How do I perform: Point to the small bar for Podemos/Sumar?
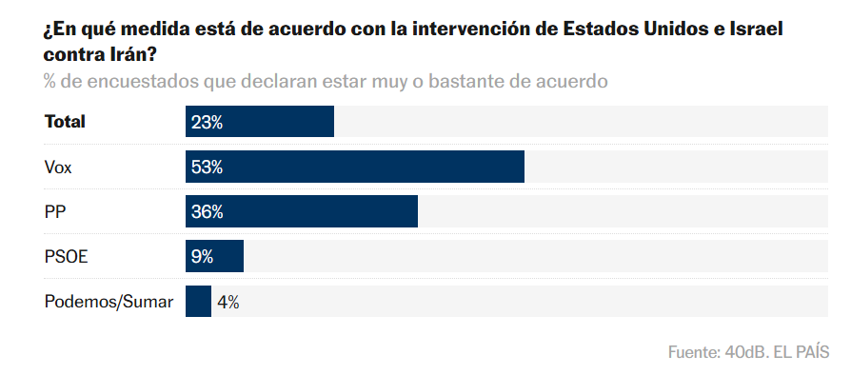[x=198, y=301]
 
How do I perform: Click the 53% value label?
[x=207, y=167]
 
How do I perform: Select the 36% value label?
[x=207, y=211]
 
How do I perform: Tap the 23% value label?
[x=207, y=122]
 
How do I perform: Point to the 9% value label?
[x=202, y=256]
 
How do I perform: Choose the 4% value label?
[x=228, y=302]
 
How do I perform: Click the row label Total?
[x=65, y=122]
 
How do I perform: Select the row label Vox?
[x=59, y=167]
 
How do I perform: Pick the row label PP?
[x=55, y=211]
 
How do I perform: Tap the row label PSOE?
[x=66, y=256]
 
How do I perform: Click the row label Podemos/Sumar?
[x=109, y=302]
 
